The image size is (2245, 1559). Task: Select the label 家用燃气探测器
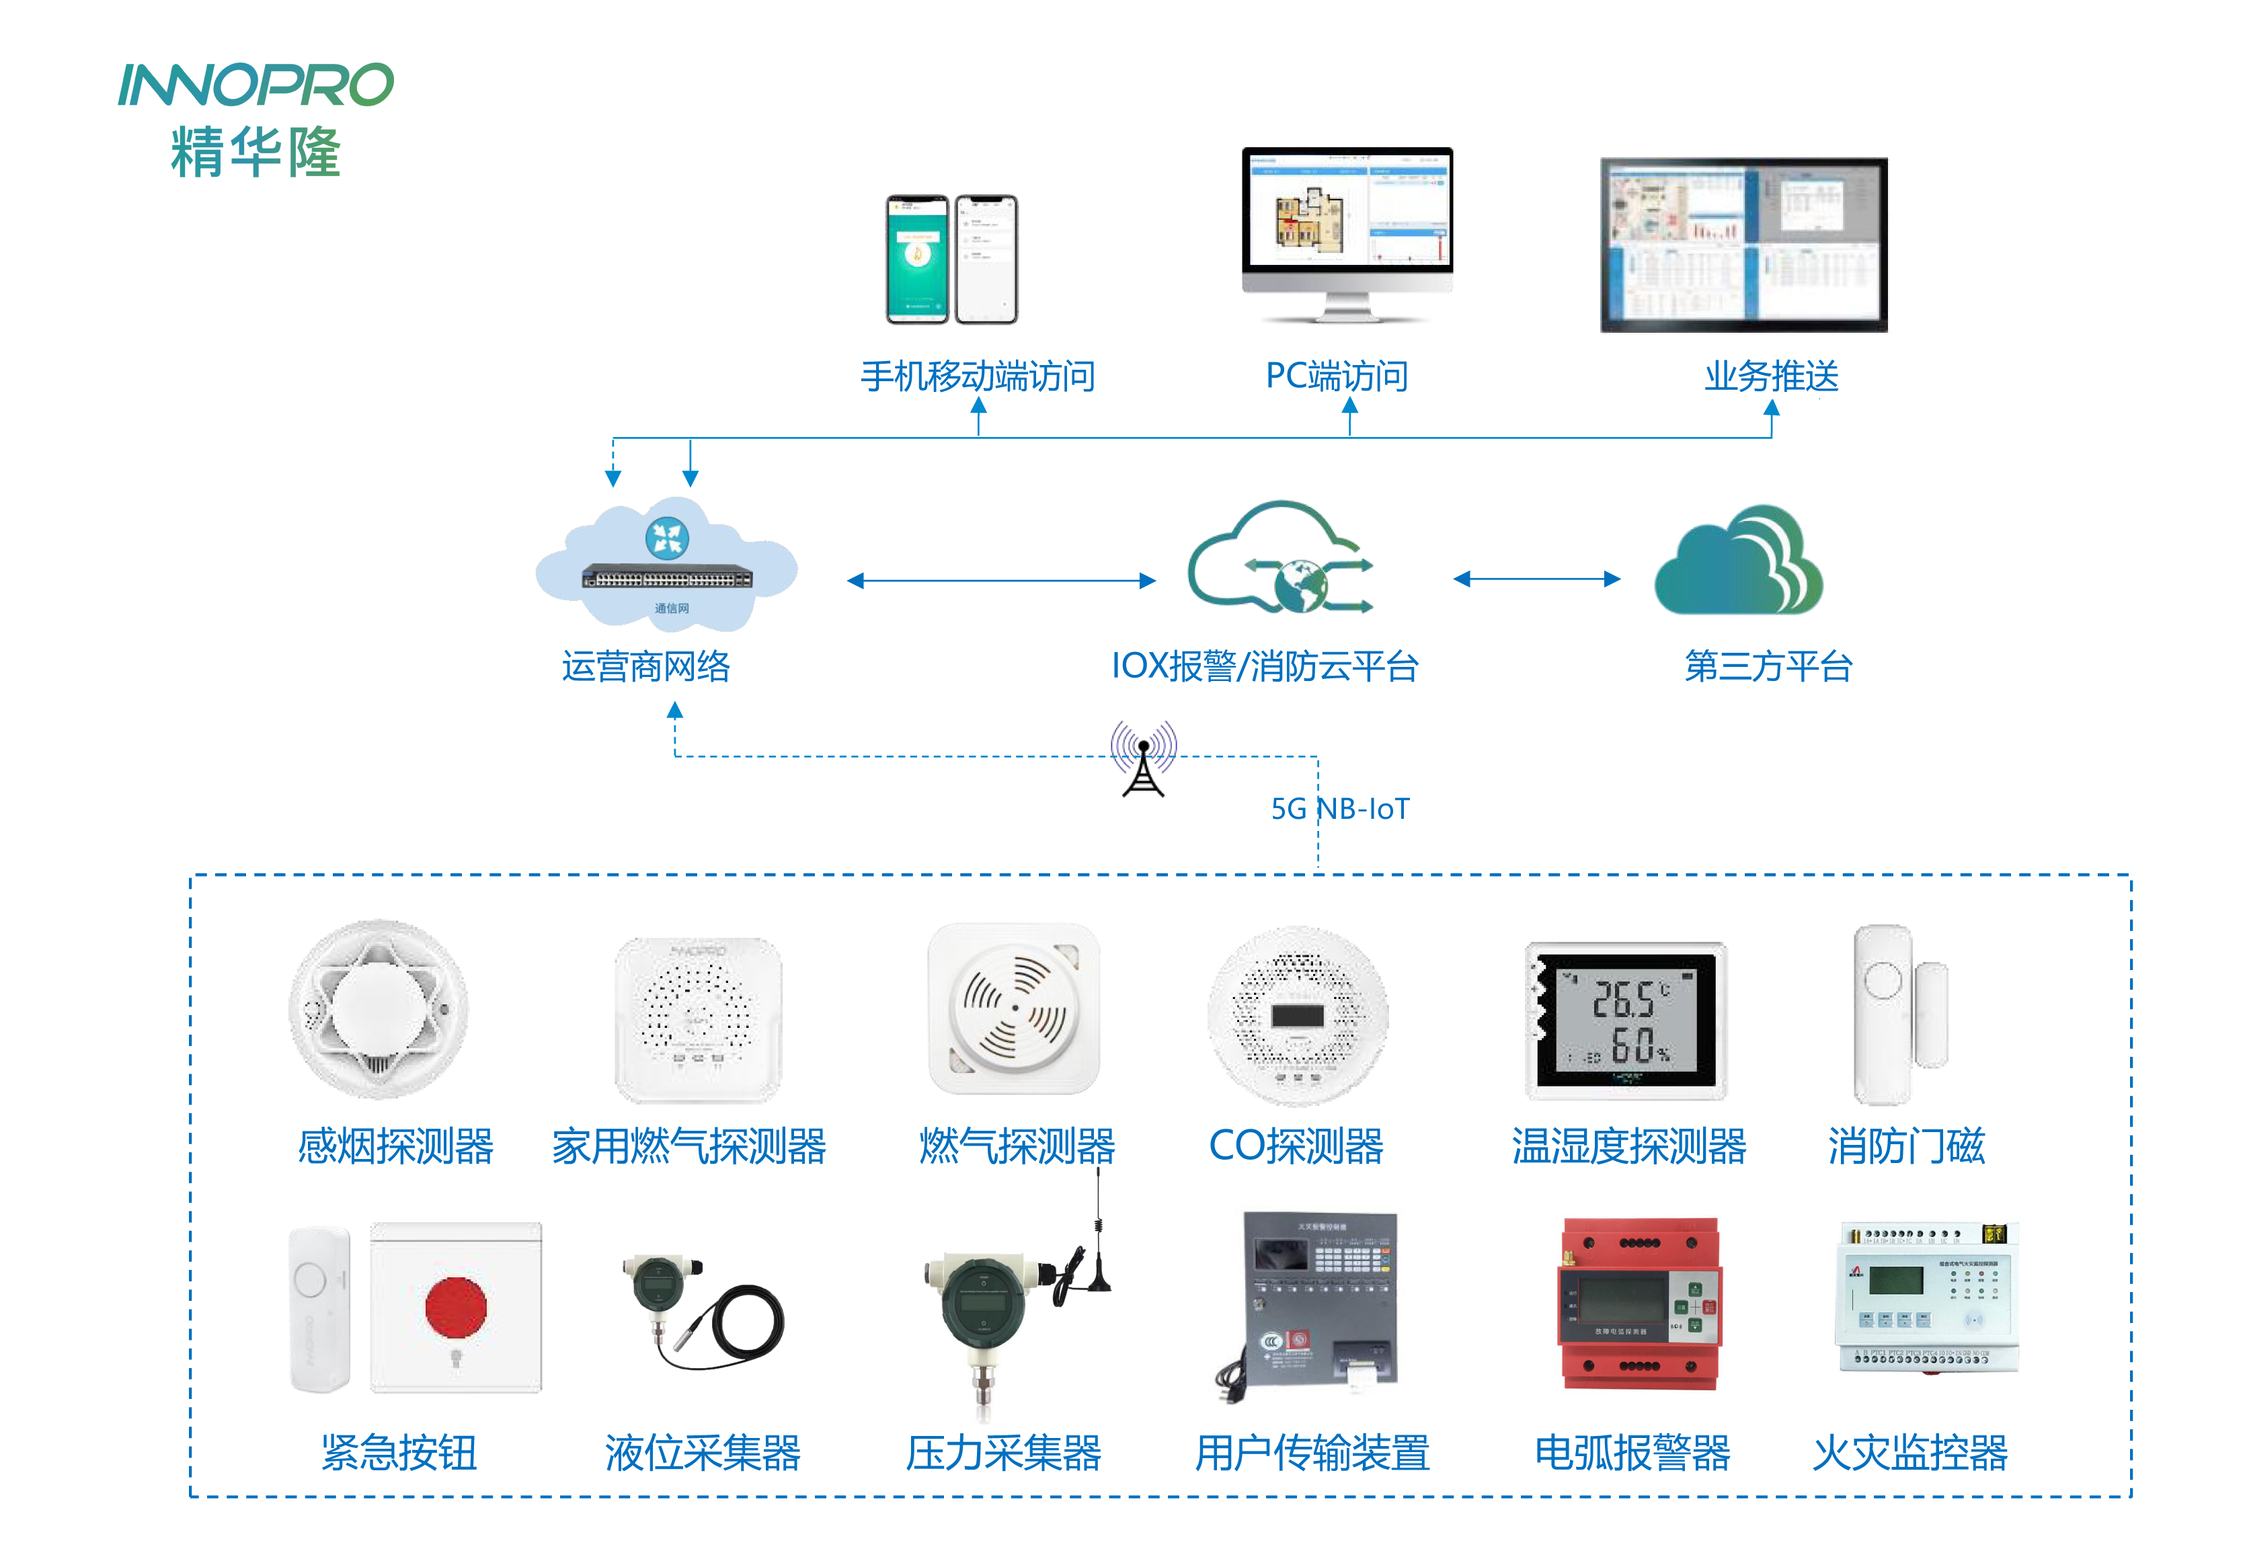(x=688, y=1146)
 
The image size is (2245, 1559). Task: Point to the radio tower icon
(x=1143, y=762)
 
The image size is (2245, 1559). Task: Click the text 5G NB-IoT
(x=1339, y=809)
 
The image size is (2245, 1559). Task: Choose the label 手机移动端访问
(x=977, y=376)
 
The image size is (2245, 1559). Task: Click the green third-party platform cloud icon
(x=1738, y=561)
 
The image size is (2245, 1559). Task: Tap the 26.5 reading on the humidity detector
(x=1622, y=999)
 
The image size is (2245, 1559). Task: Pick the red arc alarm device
(x=1639, y=1302)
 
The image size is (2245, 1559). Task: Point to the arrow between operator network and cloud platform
(x=1000, y=580)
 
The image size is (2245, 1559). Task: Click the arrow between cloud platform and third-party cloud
(x=1536, y=579)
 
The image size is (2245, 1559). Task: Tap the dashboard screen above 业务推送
(x=1743, y=244)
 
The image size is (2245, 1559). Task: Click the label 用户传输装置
(x=1312, y=1453)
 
